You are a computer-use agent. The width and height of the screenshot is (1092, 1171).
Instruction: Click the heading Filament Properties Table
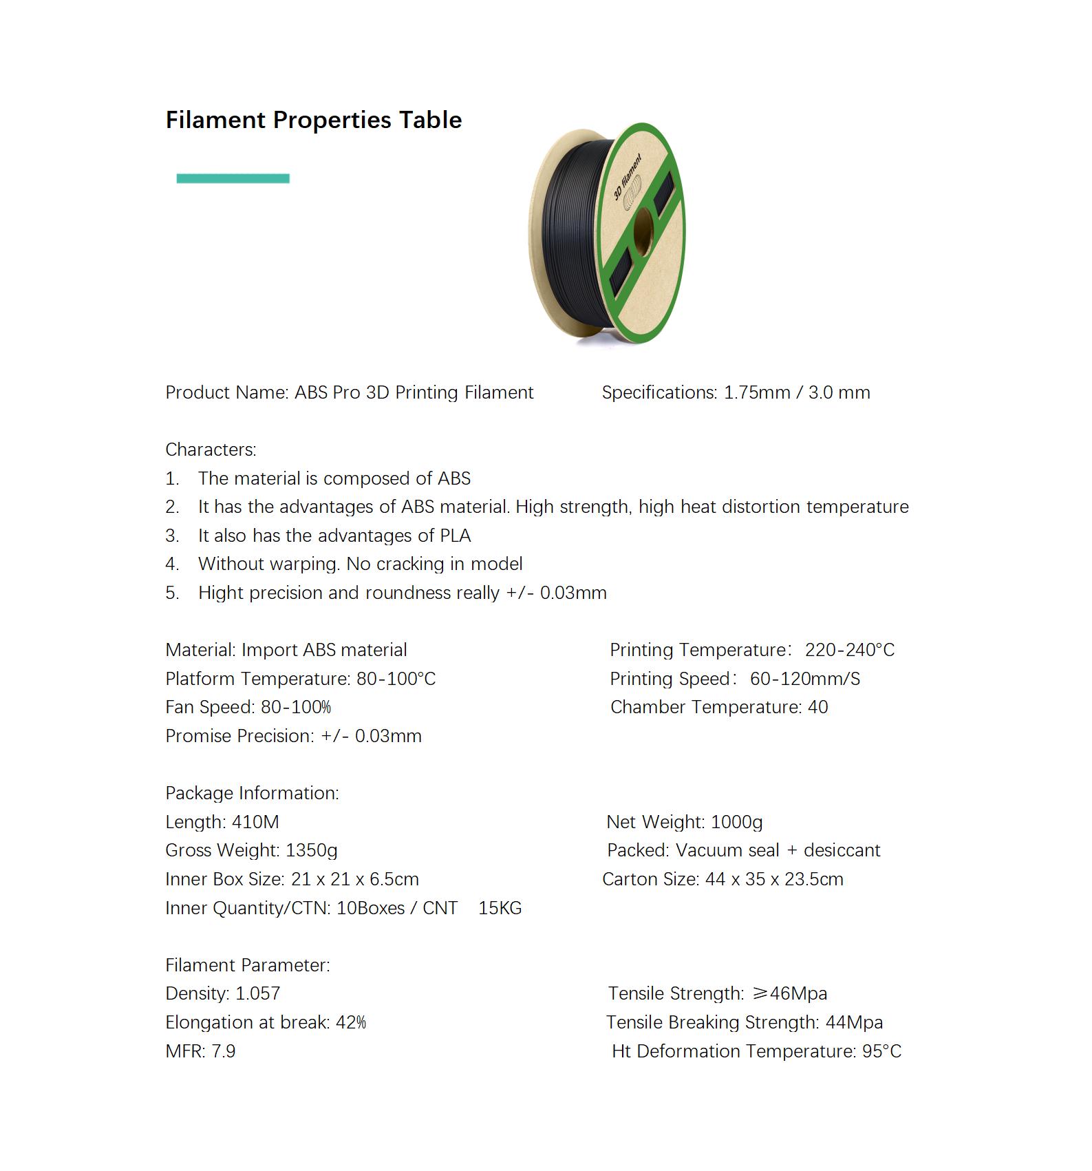coord(313,120)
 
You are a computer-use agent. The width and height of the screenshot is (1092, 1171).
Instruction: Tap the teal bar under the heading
coord(233,179)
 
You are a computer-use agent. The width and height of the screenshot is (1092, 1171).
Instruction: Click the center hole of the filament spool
coord(643,232)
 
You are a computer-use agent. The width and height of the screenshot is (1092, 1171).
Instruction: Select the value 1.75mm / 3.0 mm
coord(797,392)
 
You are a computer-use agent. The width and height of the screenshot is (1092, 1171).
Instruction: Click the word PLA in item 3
coord(455,536)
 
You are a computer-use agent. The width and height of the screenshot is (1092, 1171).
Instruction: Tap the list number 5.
coord(172,593)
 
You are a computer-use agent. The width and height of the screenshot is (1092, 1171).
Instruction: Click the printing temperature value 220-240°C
coord(850,650)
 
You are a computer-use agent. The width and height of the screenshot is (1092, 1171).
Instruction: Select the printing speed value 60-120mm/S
coord(804,679)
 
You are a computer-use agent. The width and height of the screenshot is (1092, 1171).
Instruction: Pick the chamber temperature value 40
coord(817,707)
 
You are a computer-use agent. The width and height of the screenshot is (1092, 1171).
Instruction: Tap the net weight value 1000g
coord(736,822)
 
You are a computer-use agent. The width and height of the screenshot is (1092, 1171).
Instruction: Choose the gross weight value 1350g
coord(311,851)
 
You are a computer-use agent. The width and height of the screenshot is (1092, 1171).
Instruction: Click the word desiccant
coord(842,851)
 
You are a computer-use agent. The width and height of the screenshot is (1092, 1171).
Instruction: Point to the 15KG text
coord(500,908)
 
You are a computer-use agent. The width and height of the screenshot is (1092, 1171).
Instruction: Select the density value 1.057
coord(257,993)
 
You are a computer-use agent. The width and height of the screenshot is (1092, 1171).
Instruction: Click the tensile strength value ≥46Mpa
coord(789,993)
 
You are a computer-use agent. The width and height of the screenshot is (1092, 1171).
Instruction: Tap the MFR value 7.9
coord(224,1051)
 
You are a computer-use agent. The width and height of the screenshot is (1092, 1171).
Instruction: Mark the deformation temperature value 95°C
coord(881,1051)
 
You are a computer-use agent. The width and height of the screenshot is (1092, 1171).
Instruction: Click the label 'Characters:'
coord(211,450)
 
